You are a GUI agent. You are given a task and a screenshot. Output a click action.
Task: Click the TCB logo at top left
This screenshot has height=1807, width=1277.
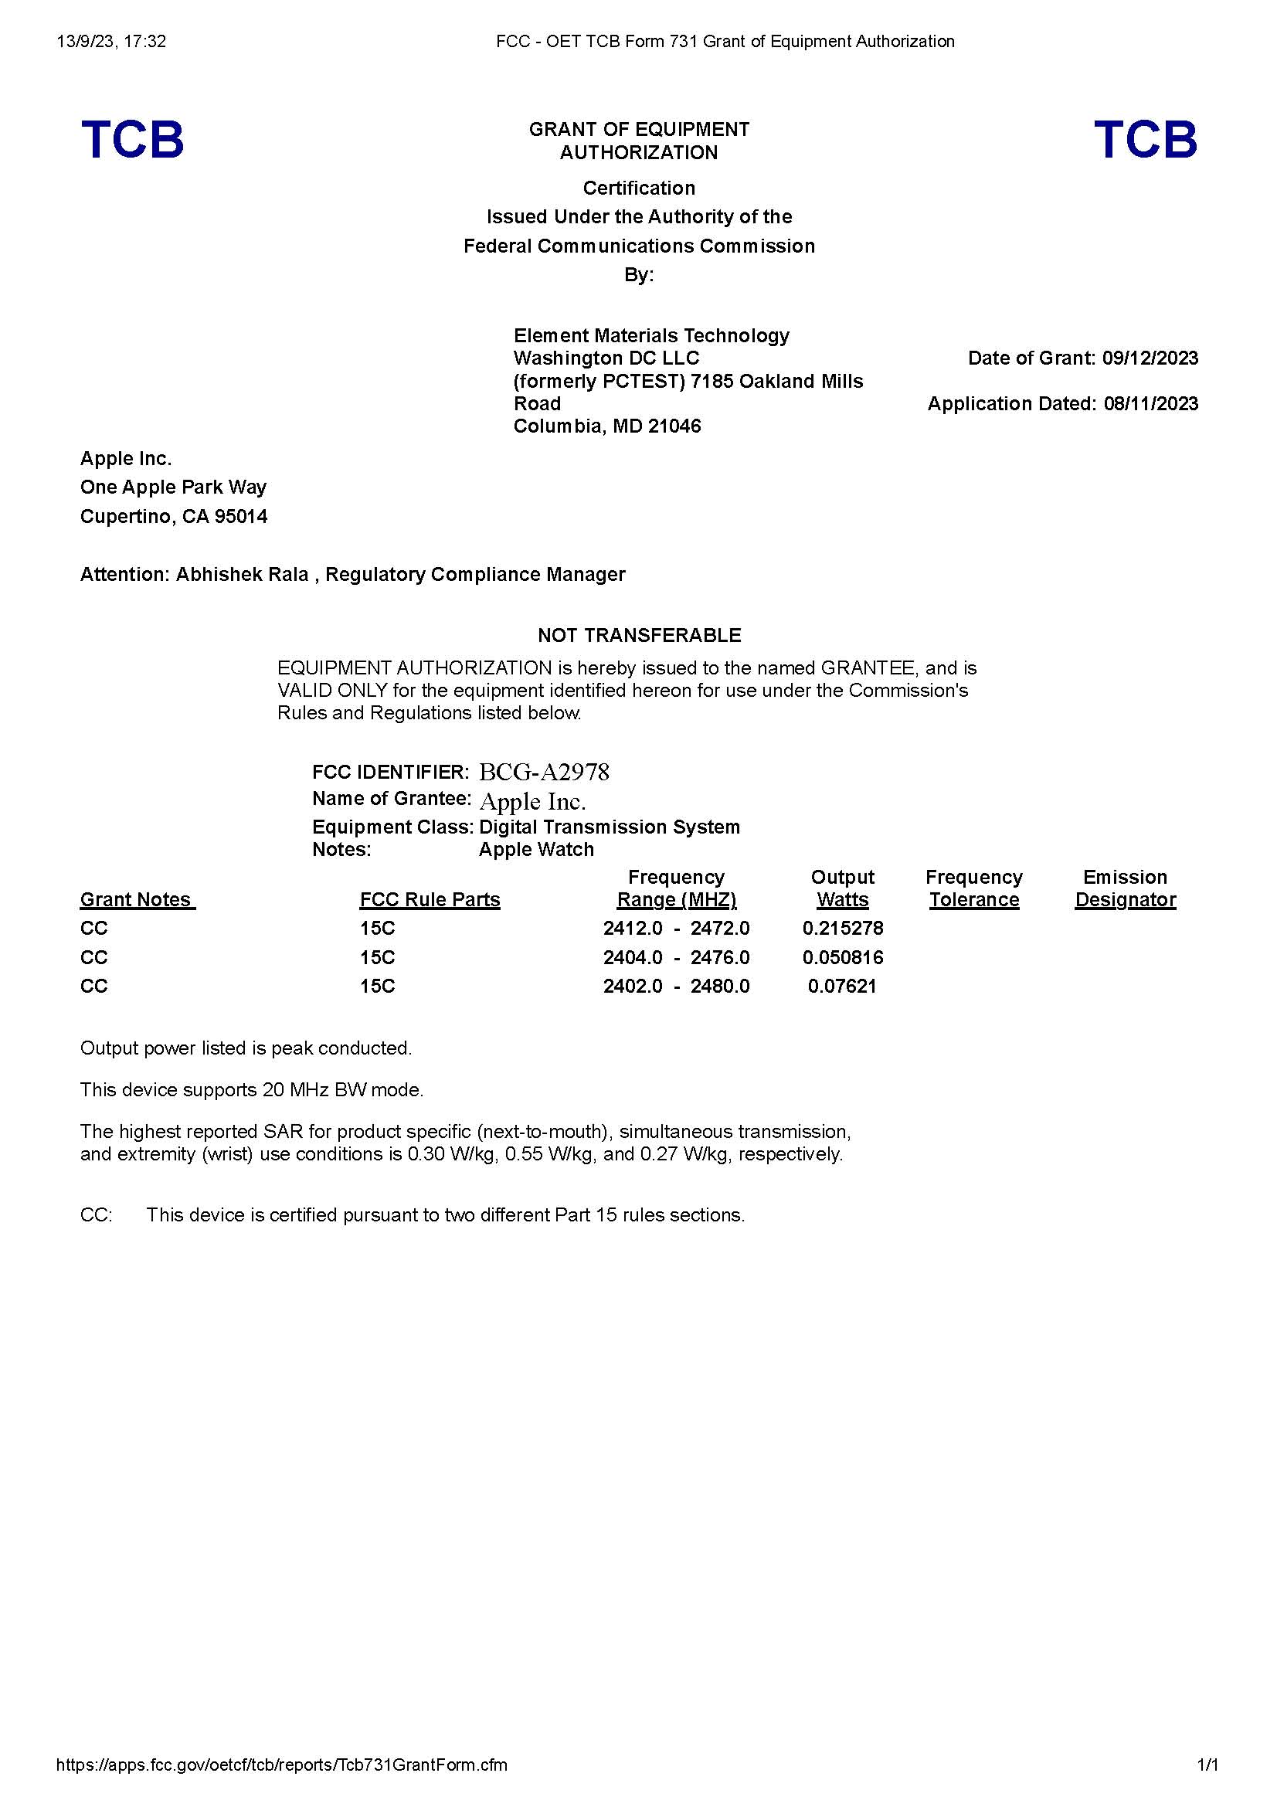(x=132, y=139)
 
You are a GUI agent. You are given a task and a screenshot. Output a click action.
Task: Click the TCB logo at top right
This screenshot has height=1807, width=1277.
(x=1145, y=139)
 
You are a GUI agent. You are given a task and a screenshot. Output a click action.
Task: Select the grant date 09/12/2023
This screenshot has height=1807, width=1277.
(x=1150, y=358)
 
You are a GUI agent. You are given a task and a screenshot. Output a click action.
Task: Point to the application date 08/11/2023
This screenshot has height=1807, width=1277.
(x=1150, y=404)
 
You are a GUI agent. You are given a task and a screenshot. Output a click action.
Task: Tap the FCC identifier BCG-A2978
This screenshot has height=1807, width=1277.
(x=544, y=772)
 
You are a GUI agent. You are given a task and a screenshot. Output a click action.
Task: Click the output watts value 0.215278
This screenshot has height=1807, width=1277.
(x=843, y=929)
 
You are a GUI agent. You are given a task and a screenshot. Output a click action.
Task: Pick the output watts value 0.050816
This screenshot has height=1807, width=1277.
(x=843, y=958)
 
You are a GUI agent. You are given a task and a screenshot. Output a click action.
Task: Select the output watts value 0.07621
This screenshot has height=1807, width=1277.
(x=842, y=986)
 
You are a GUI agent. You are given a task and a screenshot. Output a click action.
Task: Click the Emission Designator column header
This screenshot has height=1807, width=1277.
(x=1125, y=888)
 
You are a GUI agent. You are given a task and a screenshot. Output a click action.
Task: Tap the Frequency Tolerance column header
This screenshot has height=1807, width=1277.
(x=973, y=888)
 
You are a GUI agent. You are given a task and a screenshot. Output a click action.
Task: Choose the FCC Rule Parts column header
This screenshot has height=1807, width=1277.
(x=430, y=899)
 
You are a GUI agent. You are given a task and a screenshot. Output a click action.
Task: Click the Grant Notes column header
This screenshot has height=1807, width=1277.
(x=137, y=899)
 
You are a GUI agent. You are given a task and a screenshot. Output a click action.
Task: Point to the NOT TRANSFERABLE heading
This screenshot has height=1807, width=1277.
(x=639, y=635)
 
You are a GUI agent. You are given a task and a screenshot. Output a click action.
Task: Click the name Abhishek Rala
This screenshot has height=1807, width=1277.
(x=243, y=575)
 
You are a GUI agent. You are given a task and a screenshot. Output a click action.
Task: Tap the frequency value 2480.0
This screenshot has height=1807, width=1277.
(x=720, y=986)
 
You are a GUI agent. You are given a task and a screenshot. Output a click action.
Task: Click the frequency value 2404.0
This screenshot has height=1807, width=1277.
(x=633, y=958)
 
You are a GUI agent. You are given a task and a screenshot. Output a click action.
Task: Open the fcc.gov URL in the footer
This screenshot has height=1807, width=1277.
(x=282, y=1765)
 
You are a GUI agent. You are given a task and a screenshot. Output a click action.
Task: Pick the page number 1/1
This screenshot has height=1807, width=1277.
(x=1207, y=1765)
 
